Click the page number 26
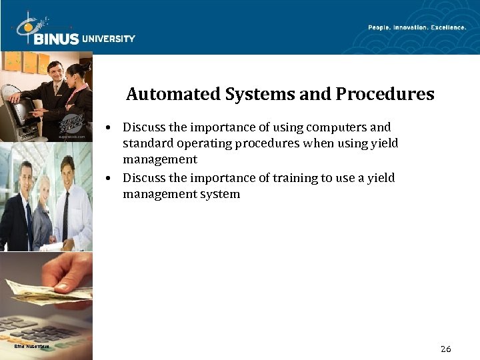446,349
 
